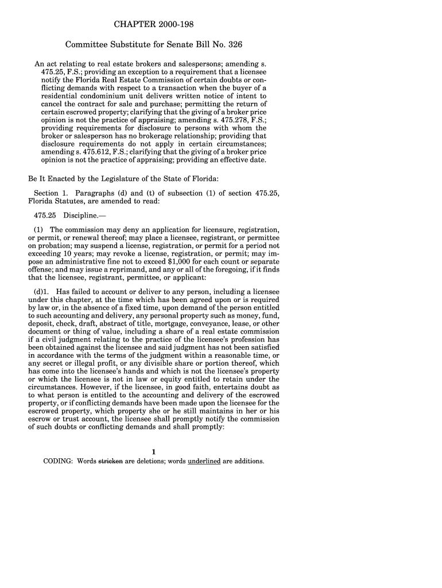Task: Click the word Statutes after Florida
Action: coord(72,202)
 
